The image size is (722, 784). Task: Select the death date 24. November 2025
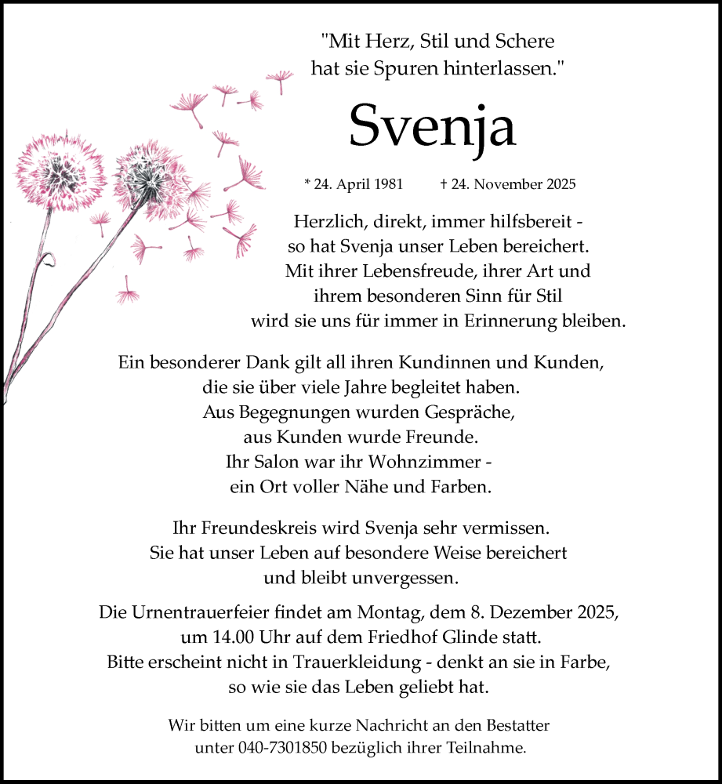click(507, 185)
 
